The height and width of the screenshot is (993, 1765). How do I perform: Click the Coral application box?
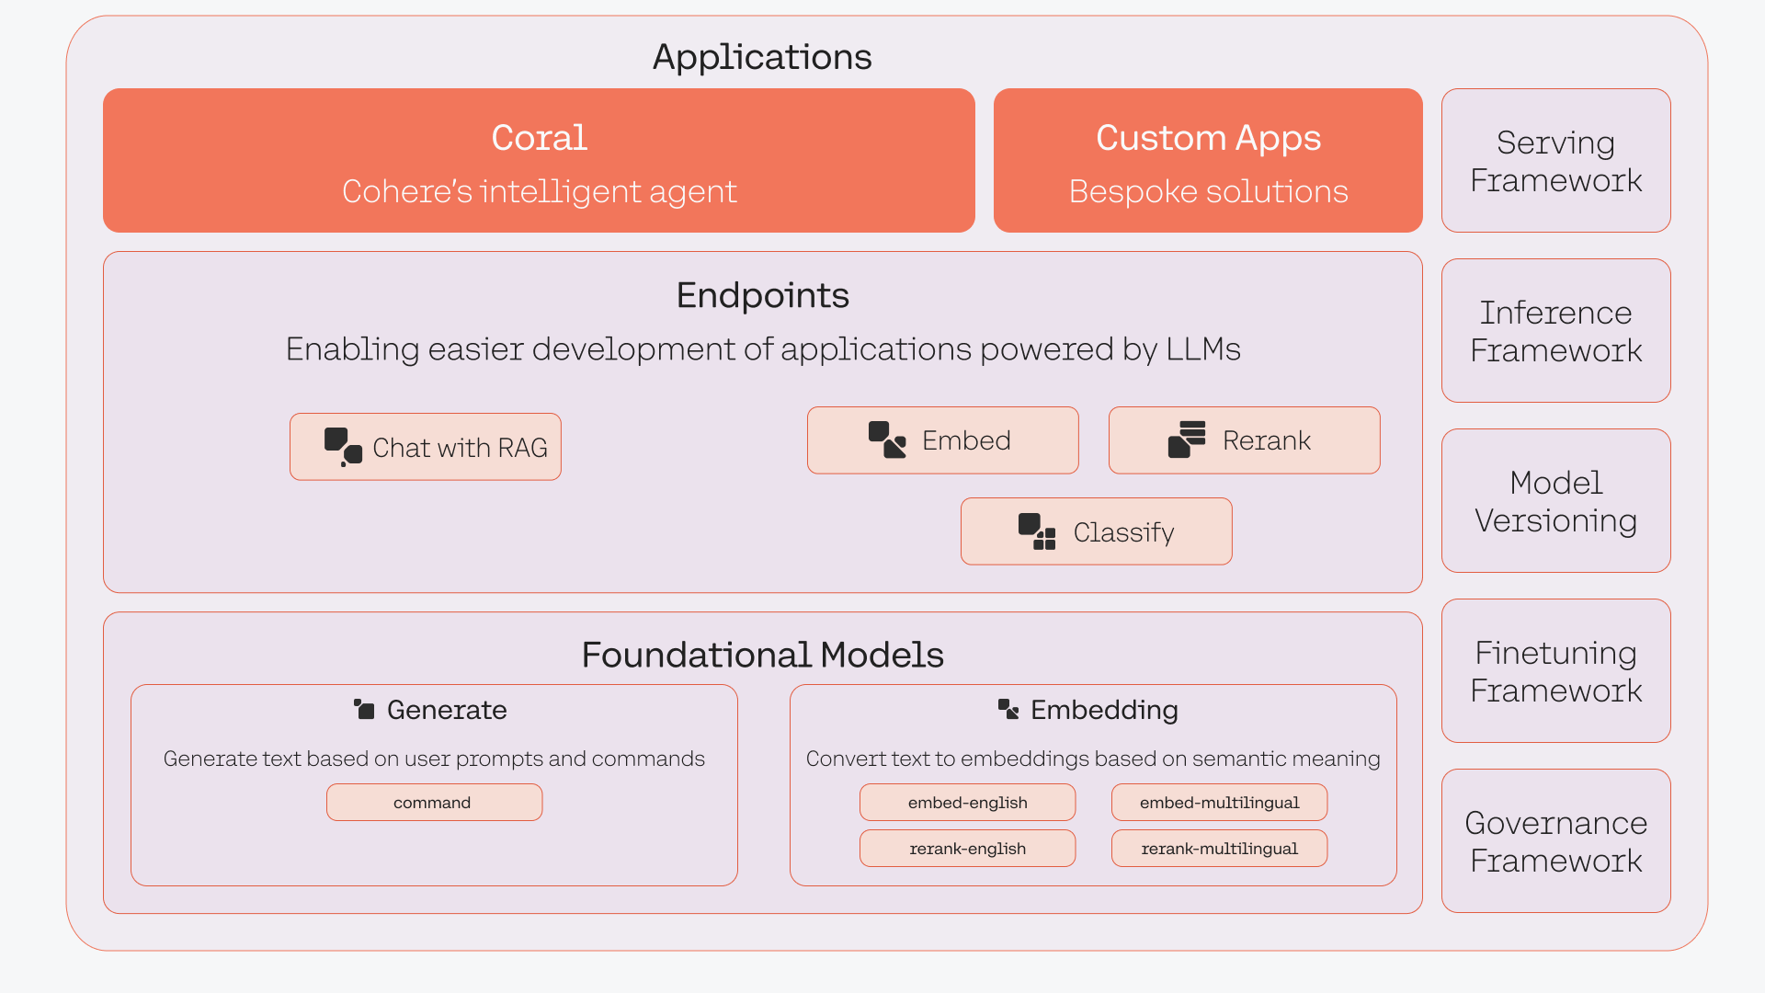(539, 160)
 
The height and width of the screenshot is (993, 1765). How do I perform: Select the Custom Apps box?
(1208, 160)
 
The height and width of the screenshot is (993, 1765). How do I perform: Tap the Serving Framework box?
(1555, 160)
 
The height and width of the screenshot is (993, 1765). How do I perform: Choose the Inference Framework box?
(1555, 330)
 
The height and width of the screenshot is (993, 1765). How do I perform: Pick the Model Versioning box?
(1555, 500)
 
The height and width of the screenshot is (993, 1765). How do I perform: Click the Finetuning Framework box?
(1555, 670)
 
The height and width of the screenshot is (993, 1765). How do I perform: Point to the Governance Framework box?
(1555, 840)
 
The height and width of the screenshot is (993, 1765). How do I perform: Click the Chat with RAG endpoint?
(426, 447)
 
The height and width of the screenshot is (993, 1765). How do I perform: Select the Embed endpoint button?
(943, 440)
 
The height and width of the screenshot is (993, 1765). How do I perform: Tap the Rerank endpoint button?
(1245, 440)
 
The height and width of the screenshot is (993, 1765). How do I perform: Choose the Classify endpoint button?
(1097, 531)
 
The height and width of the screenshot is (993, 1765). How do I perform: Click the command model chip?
(434, 802)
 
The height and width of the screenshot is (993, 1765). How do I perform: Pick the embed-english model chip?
(967, 802)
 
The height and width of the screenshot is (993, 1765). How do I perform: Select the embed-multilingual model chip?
(1219, 802)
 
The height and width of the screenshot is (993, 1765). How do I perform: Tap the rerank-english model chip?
(967, 848)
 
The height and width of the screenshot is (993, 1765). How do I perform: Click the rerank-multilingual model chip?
(1219, 848)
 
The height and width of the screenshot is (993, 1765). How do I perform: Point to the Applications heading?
(762, 57)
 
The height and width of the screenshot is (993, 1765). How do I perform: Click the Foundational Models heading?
(762, 655)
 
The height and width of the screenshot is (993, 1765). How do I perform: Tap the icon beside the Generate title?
(364, 709)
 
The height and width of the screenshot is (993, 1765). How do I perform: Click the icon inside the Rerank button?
(1187, 439)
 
